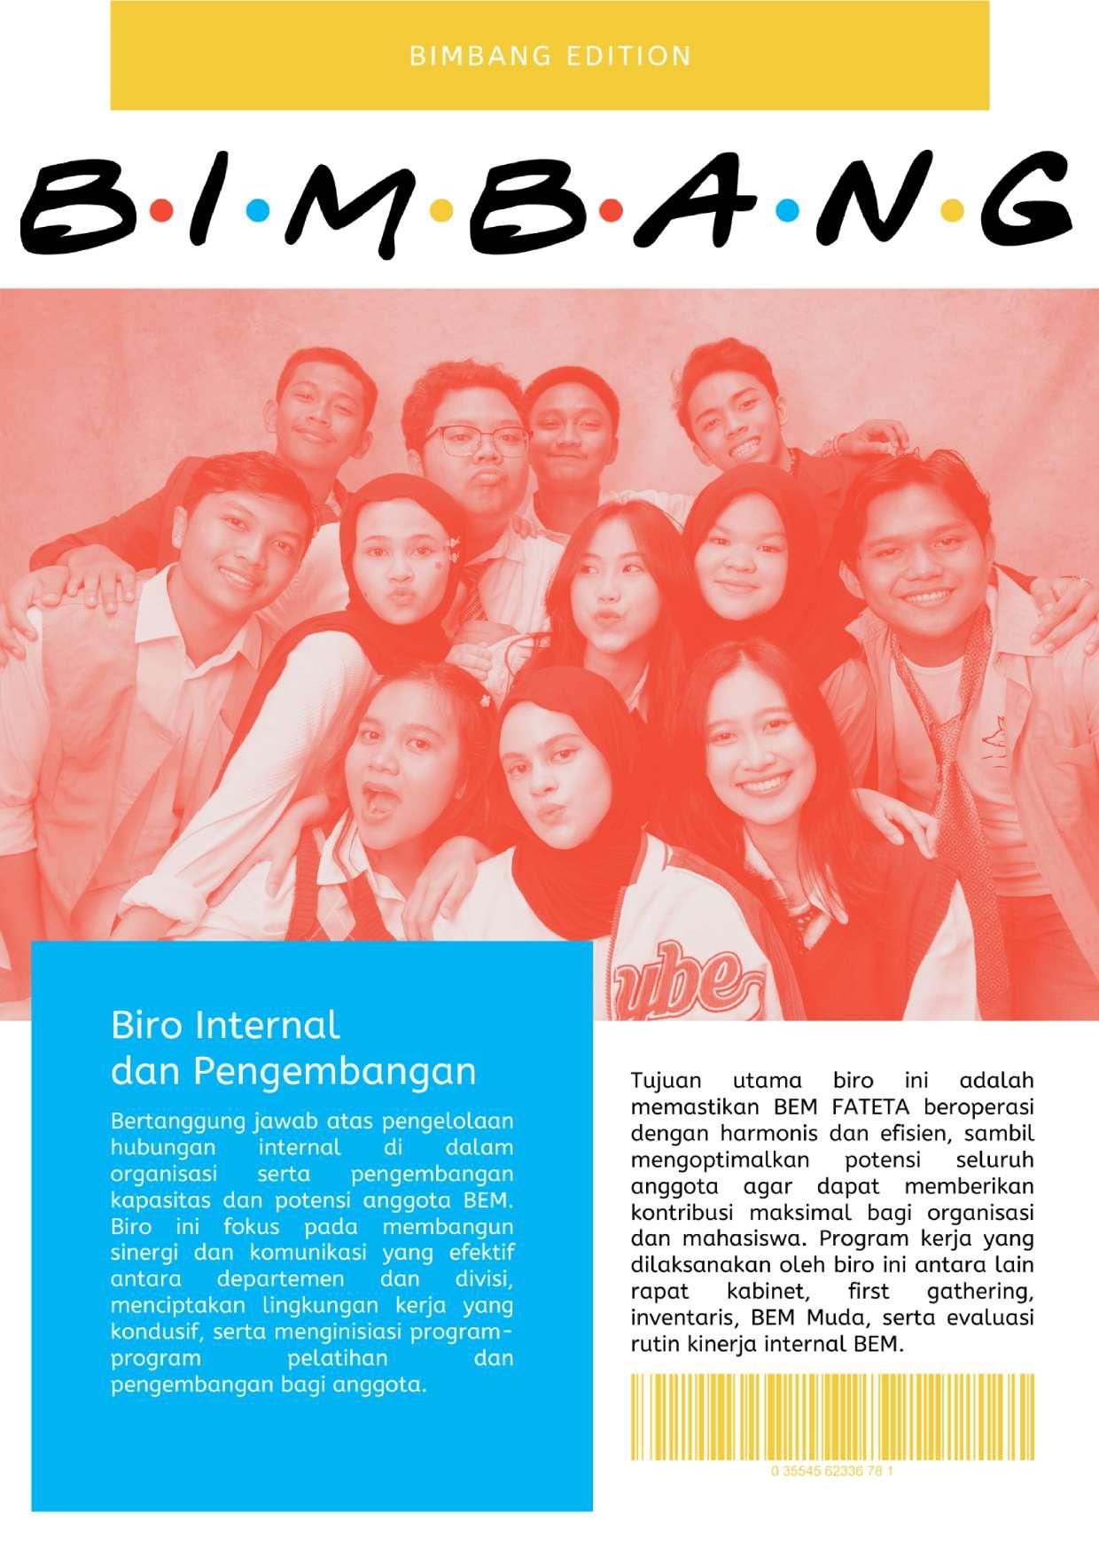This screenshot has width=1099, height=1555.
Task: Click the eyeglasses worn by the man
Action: click(x=475, y=439)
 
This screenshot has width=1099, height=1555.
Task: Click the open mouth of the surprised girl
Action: click(x=381, y=796)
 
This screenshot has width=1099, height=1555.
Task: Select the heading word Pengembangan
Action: click(x=334, y=1071)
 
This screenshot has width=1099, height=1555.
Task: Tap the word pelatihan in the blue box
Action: click(x=338, y=1358)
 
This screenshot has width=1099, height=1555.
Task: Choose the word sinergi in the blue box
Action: click(x=146, y=1254)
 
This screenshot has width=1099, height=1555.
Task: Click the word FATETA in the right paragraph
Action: click(x=869, y=1107)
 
